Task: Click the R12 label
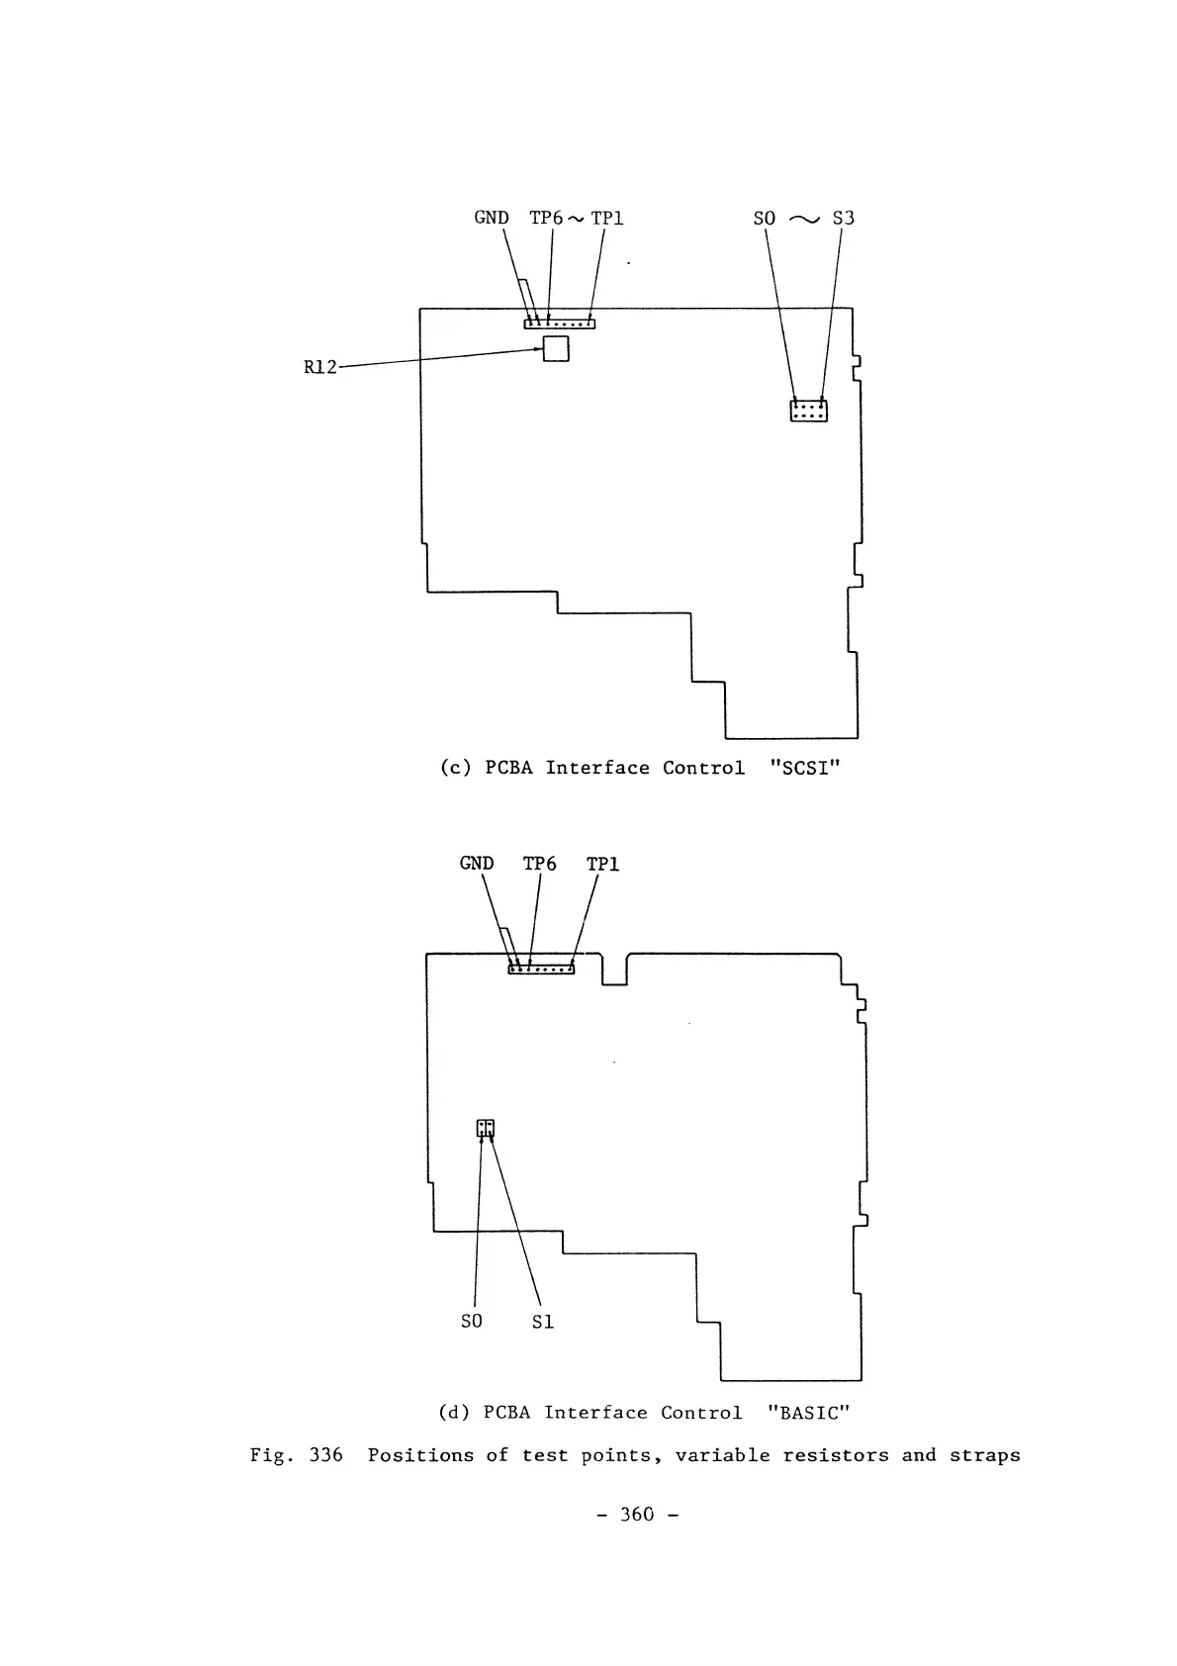coord(319,368)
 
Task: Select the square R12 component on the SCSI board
coord(556,348)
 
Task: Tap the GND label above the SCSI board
coord(492,218)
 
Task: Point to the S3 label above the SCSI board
coord(843,218)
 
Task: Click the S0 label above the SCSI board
coord(765,218)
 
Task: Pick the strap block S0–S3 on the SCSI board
coord(808,411)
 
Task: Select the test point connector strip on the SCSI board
coord(560,323)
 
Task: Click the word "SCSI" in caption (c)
coord(804,769)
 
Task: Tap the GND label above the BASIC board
coord(477,864)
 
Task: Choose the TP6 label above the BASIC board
coord(540,864)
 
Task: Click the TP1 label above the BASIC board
coord(603,864)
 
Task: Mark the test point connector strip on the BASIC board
coord(541,969)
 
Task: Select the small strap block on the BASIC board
coord(486,1128)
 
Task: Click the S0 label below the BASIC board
coord(472,1322)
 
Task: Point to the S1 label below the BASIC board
coord(543,1322)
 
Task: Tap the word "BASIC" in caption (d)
coord(809,1413)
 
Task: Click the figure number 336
coord(325,1455)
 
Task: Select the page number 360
coord(637,1515)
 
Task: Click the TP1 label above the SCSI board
coord(607,218)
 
